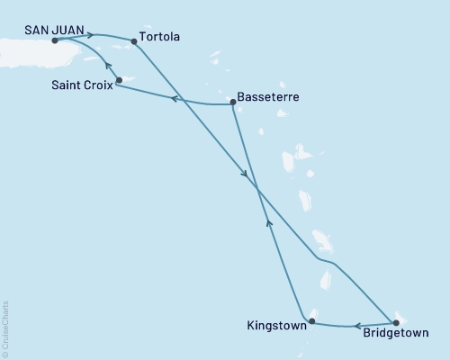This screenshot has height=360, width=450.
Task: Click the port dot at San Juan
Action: (x=55, y=40)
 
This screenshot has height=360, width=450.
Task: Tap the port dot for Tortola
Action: (x=134, y=40)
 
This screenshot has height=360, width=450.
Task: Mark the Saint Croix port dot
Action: (x=119, y=80)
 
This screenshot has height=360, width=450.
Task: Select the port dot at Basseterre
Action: (x=233, y=103)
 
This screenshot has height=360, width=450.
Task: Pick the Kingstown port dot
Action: (x=311, y=321)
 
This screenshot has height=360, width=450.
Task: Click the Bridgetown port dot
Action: (x=394, y=321)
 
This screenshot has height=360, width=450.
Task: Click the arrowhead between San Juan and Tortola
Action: (x=90, y=35)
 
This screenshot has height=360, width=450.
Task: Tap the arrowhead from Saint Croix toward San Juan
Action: (x=107, y=65)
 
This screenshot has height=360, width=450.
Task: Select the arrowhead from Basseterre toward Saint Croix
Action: (x=174, y=98)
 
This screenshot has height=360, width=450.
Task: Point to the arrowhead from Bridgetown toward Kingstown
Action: (x=356, y=326)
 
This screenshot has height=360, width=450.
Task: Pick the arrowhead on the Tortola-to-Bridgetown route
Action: (x=245, y=175)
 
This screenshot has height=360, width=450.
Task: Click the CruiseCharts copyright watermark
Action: (x=5, y=328)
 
